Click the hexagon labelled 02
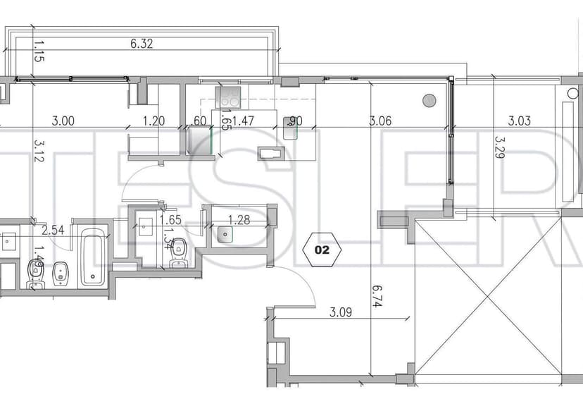322,249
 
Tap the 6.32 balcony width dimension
142,44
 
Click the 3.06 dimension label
381,121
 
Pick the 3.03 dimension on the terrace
520,121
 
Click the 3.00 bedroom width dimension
63,121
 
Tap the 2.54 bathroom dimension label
53,230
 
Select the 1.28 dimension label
239,220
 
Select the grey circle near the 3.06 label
429,101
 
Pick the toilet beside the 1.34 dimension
179,247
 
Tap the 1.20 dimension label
153,121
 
